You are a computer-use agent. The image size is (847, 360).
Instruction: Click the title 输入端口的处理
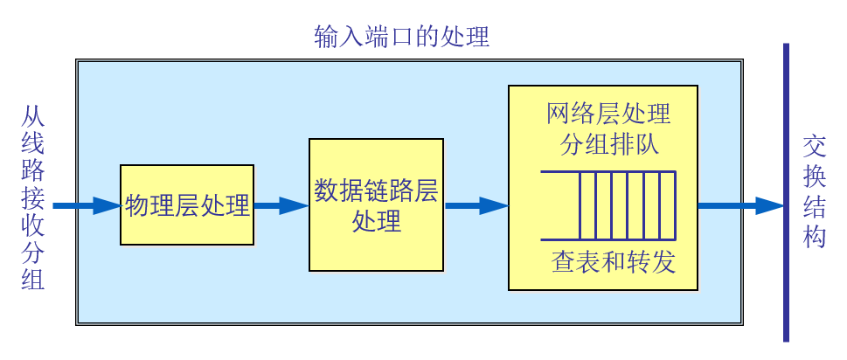point(401,38)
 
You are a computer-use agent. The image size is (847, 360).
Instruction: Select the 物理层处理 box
point(187,205)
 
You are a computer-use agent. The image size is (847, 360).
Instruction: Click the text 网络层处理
point(608,114)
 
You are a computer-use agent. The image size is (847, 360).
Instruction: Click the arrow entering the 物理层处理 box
point(86,205)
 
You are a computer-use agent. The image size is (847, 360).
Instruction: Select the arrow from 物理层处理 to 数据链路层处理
point(281,205)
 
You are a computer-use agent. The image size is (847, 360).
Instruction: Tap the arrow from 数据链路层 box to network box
point(476,205)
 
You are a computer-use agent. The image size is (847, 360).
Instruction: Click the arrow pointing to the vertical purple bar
point(739,205)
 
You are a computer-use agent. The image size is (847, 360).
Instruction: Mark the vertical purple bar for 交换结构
point(786,192)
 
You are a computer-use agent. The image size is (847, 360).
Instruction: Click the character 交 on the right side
point(815,145)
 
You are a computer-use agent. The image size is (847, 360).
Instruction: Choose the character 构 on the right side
point(815,236)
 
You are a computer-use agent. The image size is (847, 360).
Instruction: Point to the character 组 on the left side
point(31,280)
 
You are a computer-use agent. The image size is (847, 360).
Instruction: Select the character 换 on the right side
point(815,176)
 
